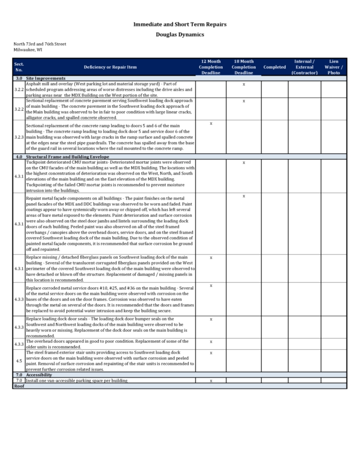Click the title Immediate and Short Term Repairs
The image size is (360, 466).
click(x=180, y=24)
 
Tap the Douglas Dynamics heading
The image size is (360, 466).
click(x=180, y=34)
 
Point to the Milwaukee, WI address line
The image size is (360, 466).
click(x=28, y=50)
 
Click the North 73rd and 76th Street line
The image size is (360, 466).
click(x=39, y=44)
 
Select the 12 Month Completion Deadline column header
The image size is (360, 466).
click(x=211, y=67)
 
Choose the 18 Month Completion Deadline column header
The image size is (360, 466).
click(x=244, y=67)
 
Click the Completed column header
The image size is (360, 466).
click(x=274, y=67)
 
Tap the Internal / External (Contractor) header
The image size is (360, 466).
click(x=304, y=67)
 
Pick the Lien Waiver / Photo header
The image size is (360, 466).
click(x=334, y=67)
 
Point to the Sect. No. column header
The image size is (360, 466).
click(x=19, y=67)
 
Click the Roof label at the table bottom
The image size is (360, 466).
click(x=19, y=386)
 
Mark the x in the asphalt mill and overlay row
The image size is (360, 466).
click(x=244, y=84)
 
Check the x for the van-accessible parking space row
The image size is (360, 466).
click(x=211, y=380)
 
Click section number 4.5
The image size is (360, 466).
click(x=19, y=360)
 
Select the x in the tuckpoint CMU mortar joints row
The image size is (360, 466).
click(x=244, y=163)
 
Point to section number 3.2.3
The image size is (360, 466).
click(x=19, y=136)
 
